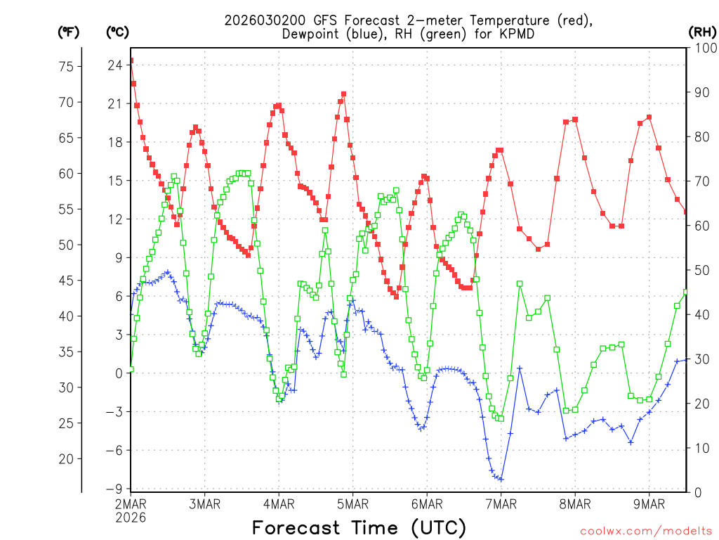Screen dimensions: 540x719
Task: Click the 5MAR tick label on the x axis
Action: tap(352, 503)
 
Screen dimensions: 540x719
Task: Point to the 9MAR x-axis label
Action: tap(649, 503)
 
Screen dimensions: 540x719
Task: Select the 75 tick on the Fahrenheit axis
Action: tap(67, 67)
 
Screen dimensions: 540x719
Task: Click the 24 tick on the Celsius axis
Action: tap(115, 65)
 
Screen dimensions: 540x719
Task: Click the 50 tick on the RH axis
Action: tap(700, 270)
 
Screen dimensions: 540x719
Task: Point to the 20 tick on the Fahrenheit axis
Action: tap(67, 458)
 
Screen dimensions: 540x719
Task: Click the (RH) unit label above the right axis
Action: tap(702, 32)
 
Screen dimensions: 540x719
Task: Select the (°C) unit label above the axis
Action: tap(117, 32)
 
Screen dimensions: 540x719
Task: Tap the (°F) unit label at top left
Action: tap(68, 32)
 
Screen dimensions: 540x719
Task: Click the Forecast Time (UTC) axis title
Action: tap(359, 527)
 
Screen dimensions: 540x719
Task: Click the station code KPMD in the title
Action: tap(514, 34)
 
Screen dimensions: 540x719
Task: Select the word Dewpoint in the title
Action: tap(315, 34)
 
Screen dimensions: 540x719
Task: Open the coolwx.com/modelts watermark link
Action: tap(646, 530)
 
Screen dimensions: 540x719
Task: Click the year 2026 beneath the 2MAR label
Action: tap(131, 517)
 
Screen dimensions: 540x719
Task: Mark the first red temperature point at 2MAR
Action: tap(131, 60)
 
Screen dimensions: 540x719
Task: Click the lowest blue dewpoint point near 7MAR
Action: tap(501, 479)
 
